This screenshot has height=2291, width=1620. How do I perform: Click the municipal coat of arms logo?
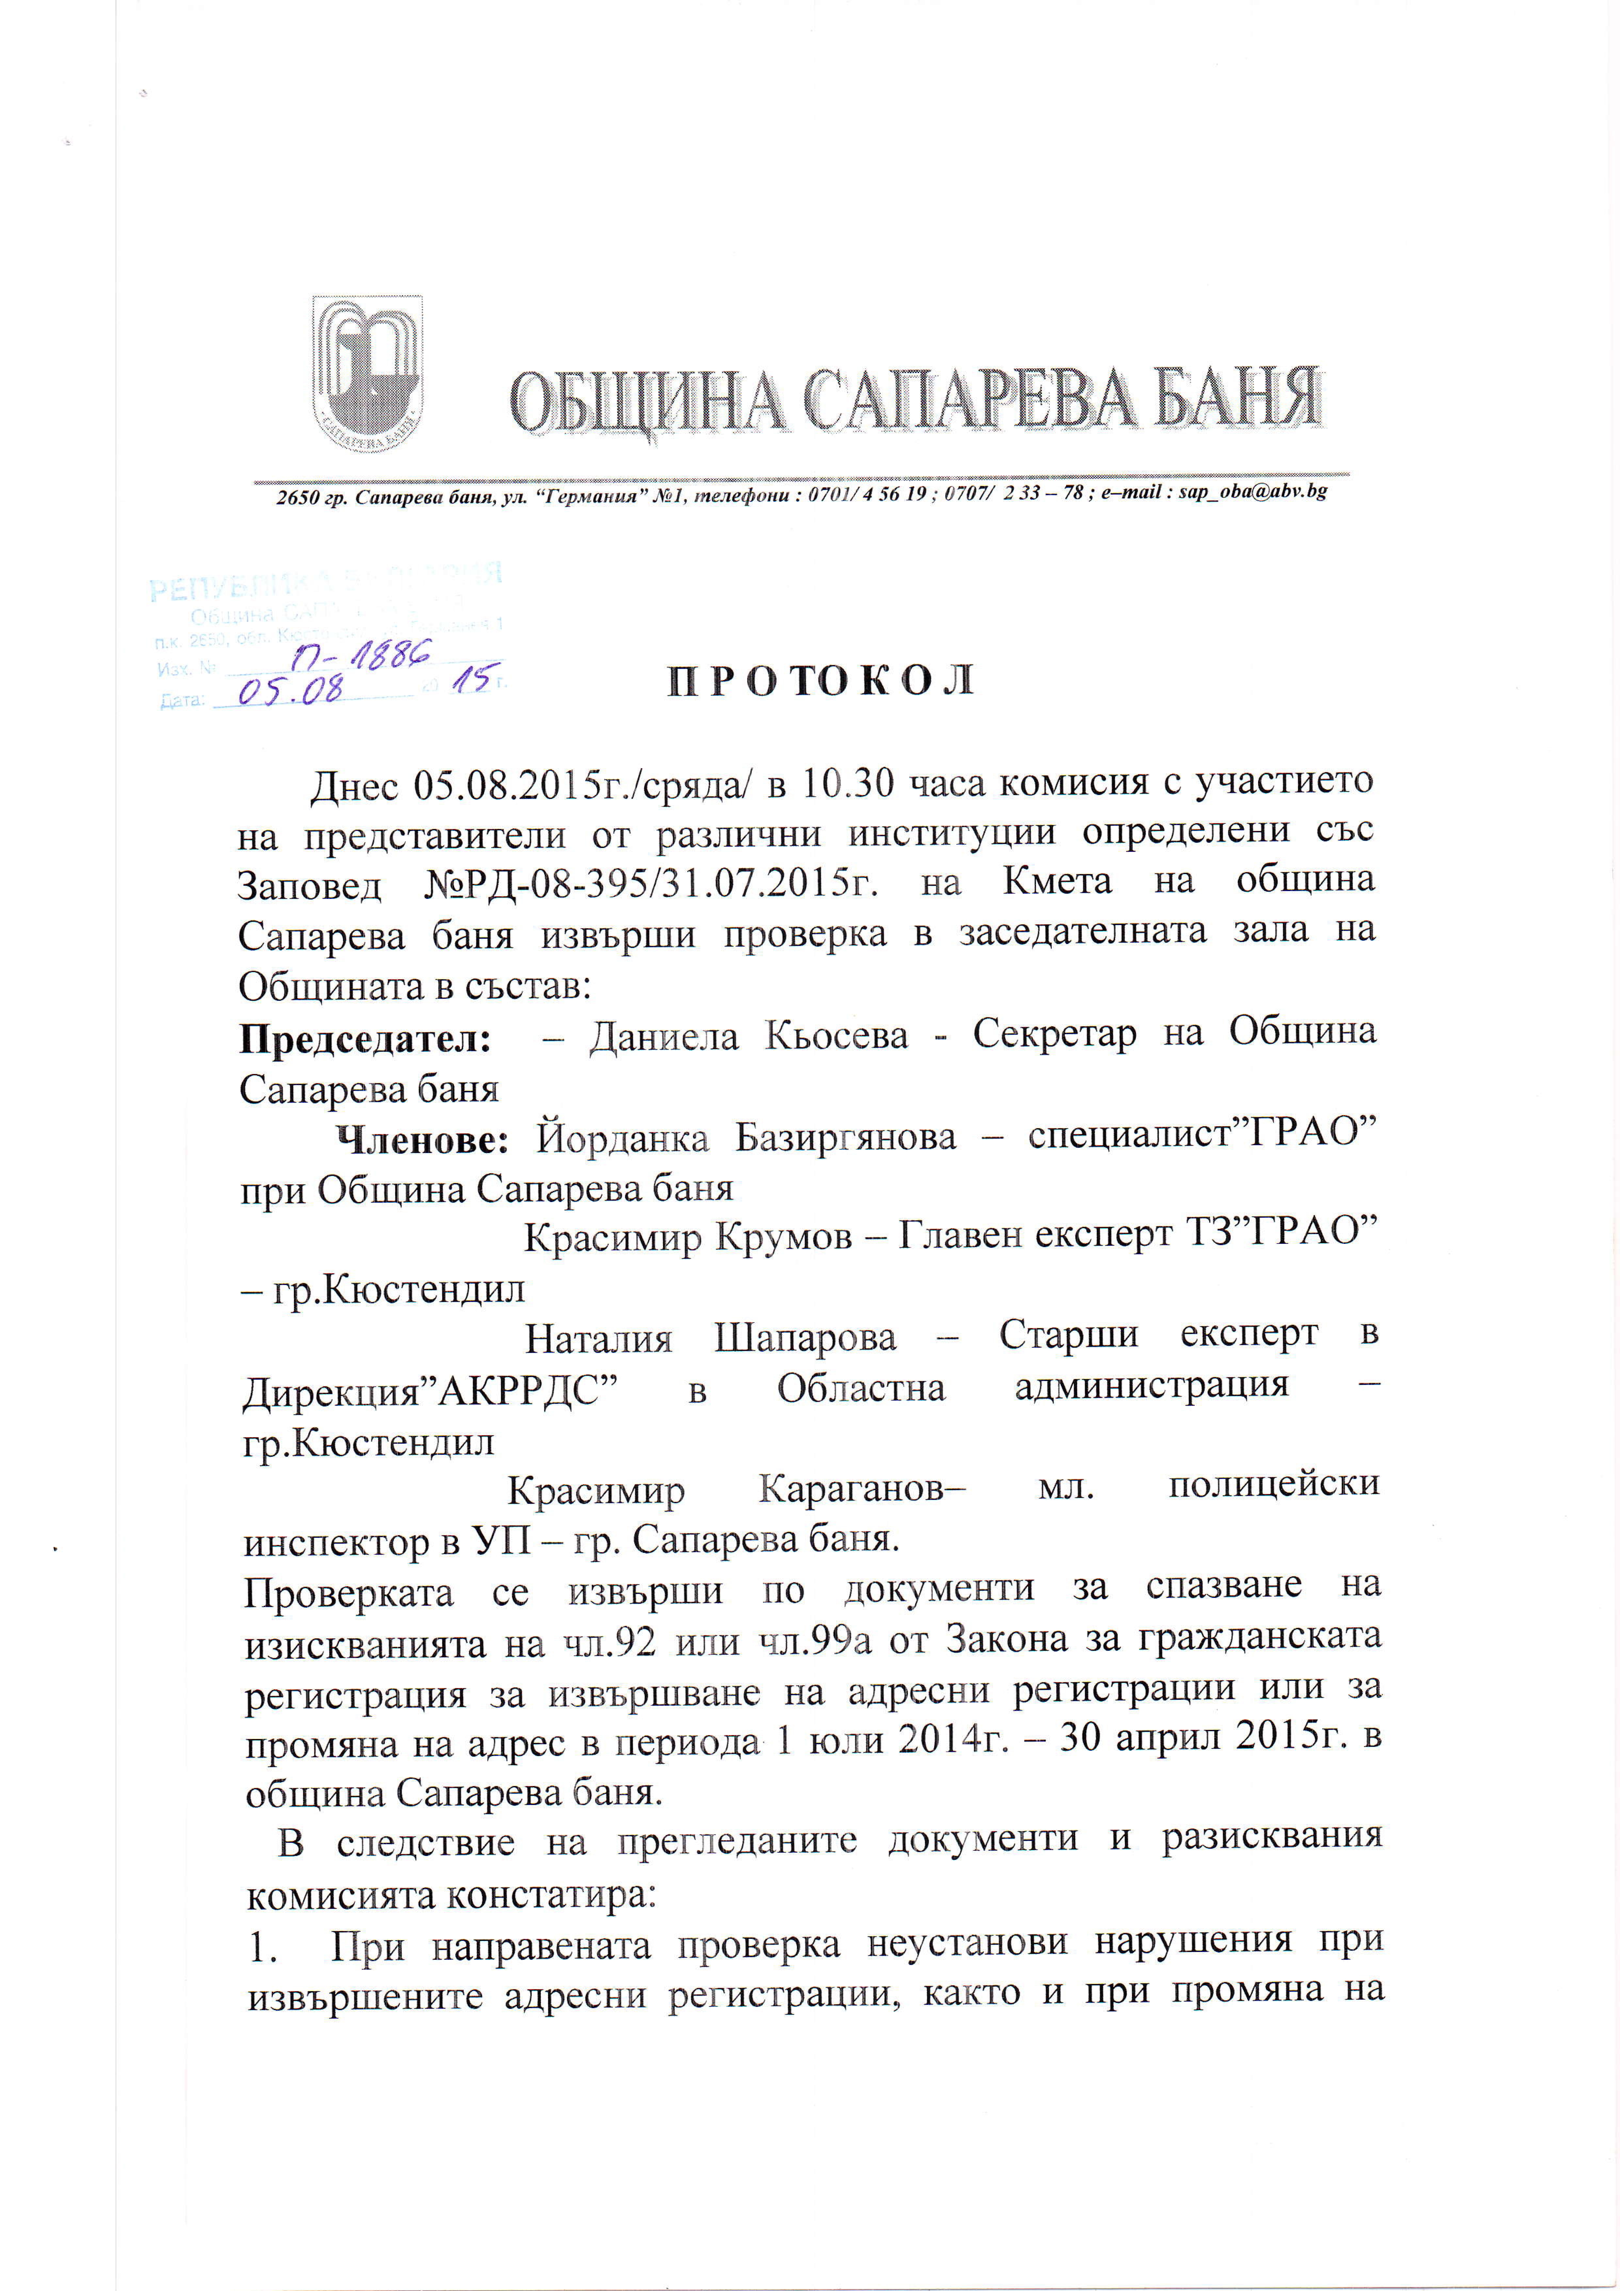tap(367, 373)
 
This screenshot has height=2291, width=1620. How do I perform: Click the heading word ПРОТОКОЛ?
tap(820, 680)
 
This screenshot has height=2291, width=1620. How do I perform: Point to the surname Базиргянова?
tap(846, 1138)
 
